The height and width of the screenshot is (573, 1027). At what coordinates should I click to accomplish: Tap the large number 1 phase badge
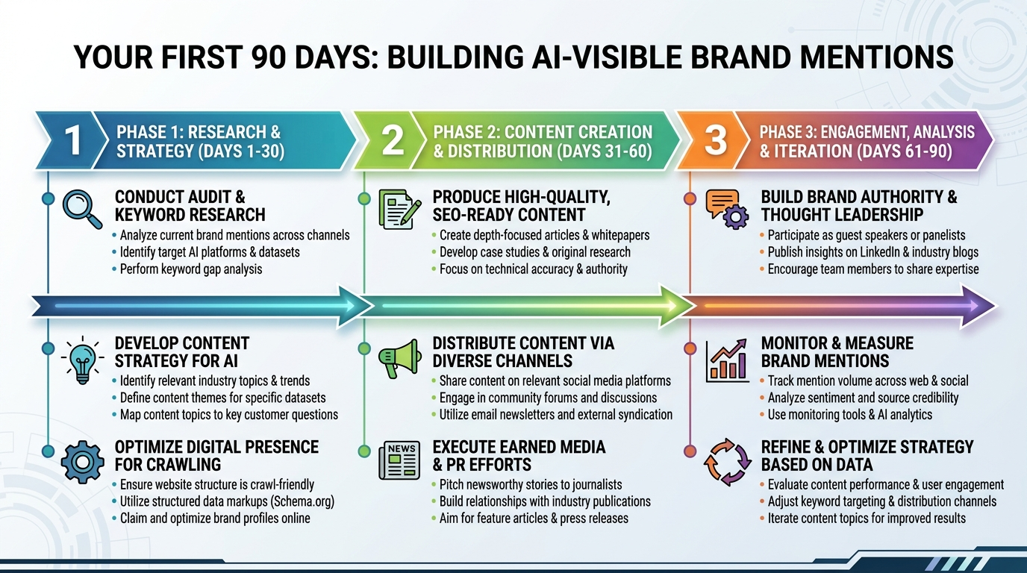coord(72,141)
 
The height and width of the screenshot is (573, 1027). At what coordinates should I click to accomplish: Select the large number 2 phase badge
coord(392,141)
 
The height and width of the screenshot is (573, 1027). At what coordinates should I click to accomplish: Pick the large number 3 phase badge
coord(715,141)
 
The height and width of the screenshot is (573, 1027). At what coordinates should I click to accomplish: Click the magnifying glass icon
coord(81,208)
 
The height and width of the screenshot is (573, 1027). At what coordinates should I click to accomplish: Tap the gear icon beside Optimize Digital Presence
coord(81,462)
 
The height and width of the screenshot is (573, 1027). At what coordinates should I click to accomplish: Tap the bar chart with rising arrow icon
coord(726,359)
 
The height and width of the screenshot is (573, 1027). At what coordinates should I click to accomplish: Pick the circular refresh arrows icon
coord(726,463)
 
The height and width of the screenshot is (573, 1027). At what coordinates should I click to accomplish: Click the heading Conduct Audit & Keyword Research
coord(190,206)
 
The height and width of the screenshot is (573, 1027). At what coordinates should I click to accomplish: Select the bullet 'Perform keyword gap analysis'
coord(190,269)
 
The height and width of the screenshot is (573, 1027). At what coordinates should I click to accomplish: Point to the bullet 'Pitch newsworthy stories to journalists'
coord(530,484)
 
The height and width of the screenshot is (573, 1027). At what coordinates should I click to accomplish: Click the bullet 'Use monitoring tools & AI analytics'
coord(849,415)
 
